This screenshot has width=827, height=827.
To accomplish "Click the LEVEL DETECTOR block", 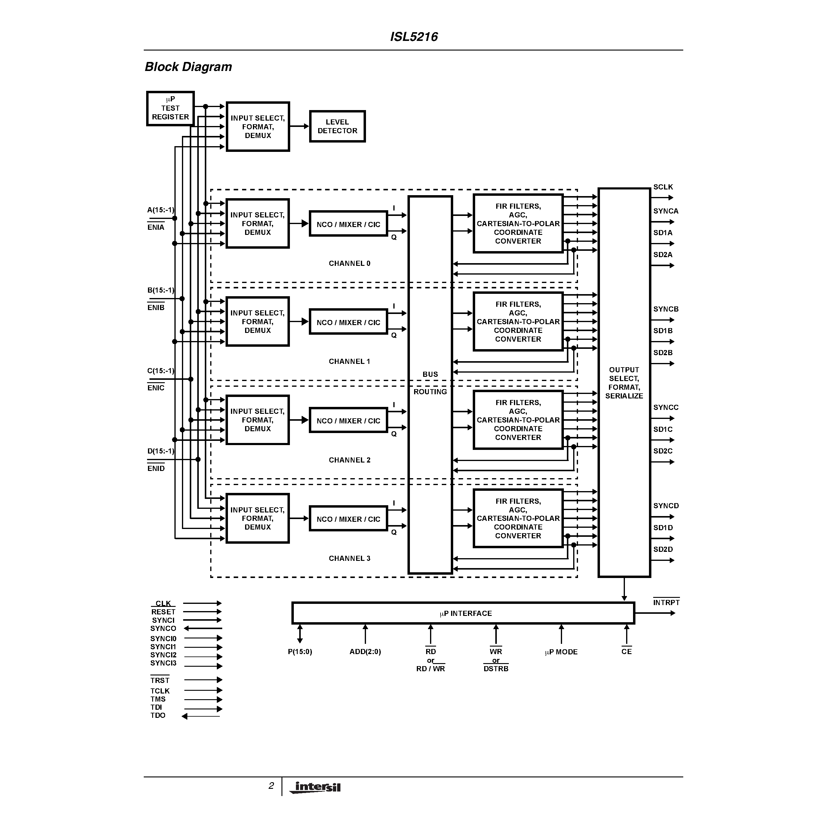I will (x=337, y=126).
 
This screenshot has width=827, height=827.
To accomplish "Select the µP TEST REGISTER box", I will (x=171, y=108).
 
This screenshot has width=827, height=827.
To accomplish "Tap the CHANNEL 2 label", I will (x=349, y=460).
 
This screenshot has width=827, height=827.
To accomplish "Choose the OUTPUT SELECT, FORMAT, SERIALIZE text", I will (x=624, y=383).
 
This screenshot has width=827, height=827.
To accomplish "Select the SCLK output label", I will (x=663, y=187).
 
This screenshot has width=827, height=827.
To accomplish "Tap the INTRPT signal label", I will (x=666, y=603).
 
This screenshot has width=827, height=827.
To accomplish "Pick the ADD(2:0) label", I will (x=365, y=651).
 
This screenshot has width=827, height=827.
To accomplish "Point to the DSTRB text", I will (x=496, y=669).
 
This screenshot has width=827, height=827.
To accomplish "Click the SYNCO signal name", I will (x=163, y=629).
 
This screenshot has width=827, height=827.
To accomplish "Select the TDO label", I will (x=158, y=715).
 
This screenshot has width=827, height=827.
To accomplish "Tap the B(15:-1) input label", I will (x=161, y=290).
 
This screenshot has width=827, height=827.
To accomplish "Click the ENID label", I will (x=156, y=468).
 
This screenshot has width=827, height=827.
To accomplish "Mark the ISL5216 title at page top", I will (x=413, y=37).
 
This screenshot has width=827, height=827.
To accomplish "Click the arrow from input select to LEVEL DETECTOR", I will (x=299, y=126).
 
